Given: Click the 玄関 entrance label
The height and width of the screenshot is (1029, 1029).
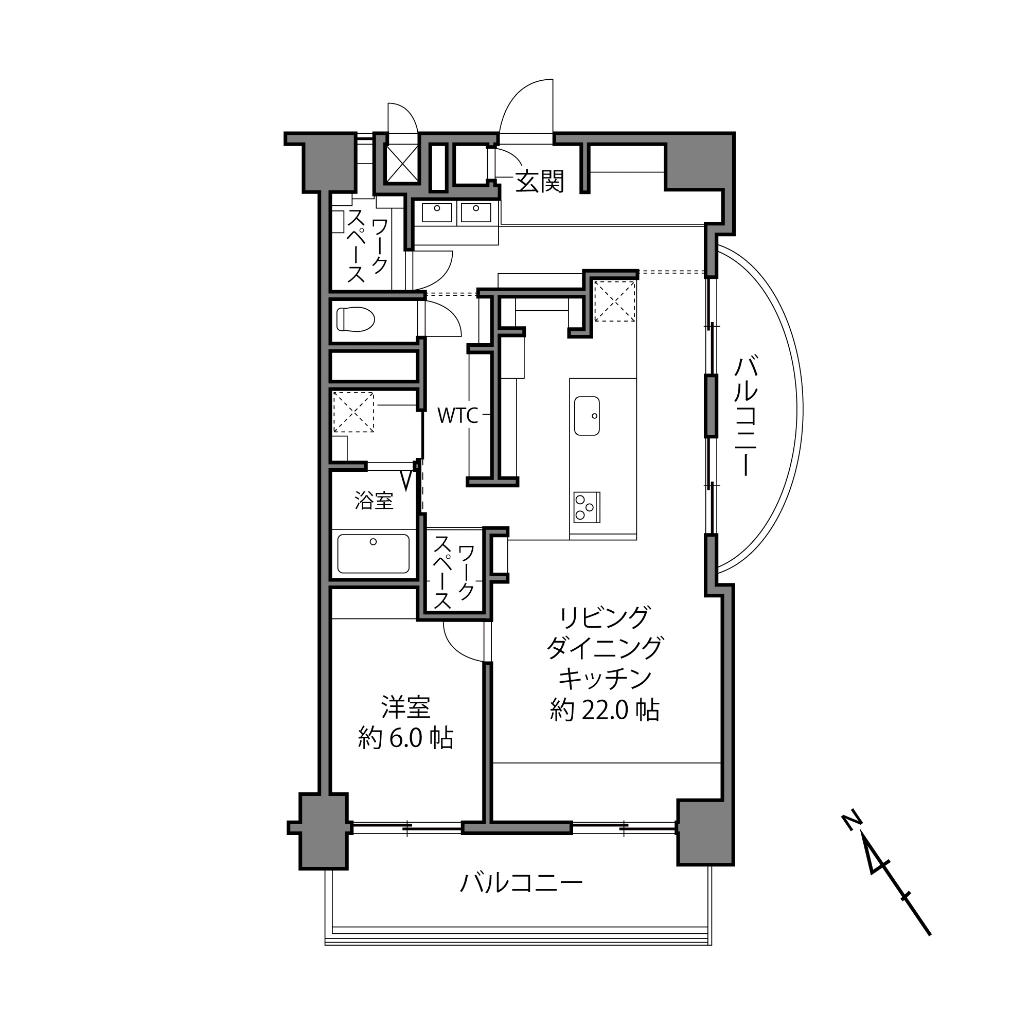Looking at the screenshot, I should click(x=539, y=182).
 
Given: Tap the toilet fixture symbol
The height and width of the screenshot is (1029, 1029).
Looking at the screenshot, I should click(x=355, y=320).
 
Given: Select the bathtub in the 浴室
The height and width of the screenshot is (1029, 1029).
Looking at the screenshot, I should click(x=374, y=554).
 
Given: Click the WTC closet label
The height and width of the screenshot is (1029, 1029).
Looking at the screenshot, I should click(x=457, y=415).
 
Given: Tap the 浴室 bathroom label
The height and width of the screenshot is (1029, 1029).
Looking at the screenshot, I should click(x=374, y=501).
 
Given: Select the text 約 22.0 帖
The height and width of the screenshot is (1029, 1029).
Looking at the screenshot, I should click(x=605, y=710).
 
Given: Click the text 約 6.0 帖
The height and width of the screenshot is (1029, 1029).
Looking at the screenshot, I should click(x=406, y=738).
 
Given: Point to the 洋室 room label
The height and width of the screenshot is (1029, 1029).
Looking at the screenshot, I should click(x=406, y=707).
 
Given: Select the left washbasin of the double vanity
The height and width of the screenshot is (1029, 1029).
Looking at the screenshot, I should click(x=437, y=212).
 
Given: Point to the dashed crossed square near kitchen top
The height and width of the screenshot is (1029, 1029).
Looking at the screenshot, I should click(x=615, y=301).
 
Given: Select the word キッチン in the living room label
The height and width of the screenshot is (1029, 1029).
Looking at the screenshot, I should click(x=605, y=679).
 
